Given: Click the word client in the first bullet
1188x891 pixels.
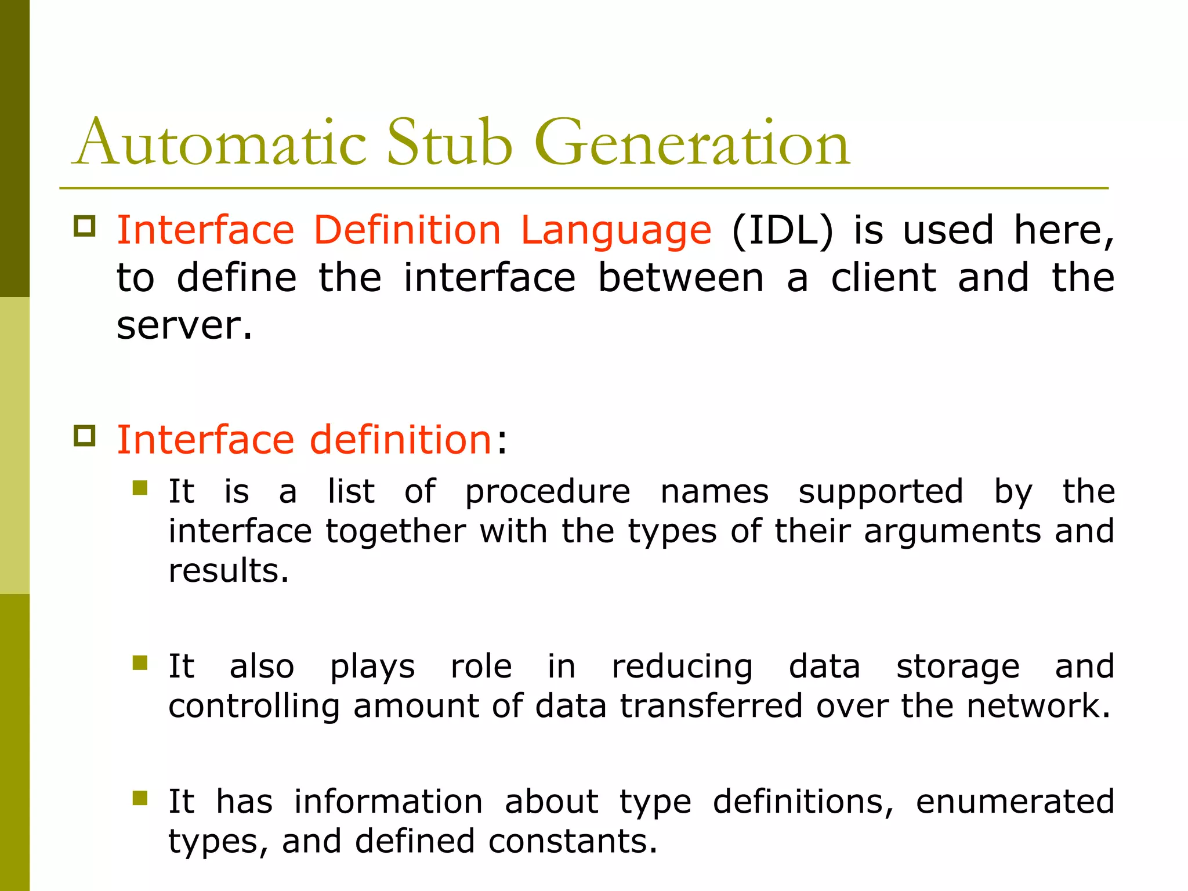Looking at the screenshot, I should pyautogui.click(x=883, y=277).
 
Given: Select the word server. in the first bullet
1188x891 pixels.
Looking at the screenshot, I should pyautogui.click(x=184, y=326).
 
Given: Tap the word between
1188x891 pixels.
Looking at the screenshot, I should pyautogui.click(x=680, y=277).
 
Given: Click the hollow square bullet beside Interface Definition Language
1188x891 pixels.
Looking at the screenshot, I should pyautogui.click(x=85, y=226).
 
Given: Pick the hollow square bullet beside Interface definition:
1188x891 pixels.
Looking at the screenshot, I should pyautogui.click(x=85, y=435).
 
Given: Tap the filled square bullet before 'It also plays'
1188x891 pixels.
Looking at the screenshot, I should pyautogui.click(x=140, y=662).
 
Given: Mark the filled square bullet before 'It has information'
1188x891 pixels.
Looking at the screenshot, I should pyautogui.click(x=140, y=798).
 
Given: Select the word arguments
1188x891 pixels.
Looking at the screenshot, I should pyautogui.click(x=952, y=531).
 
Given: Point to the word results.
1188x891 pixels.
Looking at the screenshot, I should pyautogui.click(x=229, y=571).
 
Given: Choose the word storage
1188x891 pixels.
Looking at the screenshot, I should pyautogui.click(x=958, y=667).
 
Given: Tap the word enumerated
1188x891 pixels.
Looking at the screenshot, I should pyautogui.click(x=1015, y=802).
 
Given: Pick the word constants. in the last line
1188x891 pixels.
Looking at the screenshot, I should pyautogui.click(x=573, y=841).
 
